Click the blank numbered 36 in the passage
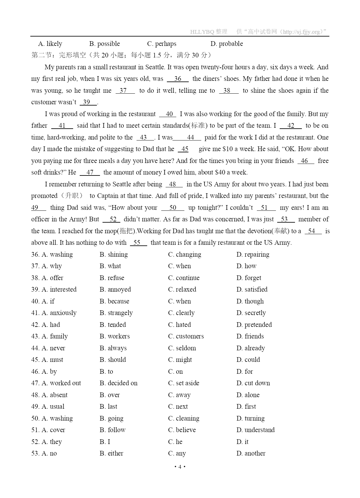(x=177, y=79)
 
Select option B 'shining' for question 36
(x=114, y=254)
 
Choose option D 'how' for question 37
(x=247, y=266)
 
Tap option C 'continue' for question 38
(x=184, y=278)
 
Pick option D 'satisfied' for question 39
(x=252, y=289)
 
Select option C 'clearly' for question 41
(x=181, y=313)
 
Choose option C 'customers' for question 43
(x=186, y=336)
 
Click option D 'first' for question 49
(x=246, y=407)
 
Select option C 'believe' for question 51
(x=182, y=430)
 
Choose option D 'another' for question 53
(x=251, y=453)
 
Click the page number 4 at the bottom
(x=180, y=467)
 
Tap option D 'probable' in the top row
(x=227, y=44)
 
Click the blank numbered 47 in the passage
(x=90, y=172)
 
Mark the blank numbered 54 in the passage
(x=312, y=231)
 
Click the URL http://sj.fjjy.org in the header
(x=301, y=32)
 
